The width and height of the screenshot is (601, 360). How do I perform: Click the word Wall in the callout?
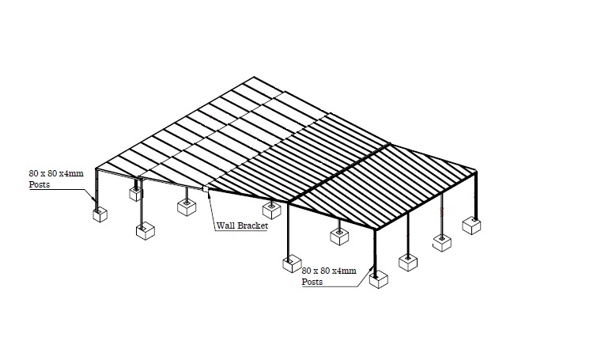click(227, 225)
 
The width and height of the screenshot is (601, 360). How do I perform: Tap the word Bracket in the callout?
click(254, 225)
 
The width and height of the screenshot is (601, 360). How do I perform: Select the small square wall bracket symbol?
click(205, 188)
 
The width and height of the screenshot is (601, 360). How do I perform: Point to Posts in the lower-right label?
click(313, 282)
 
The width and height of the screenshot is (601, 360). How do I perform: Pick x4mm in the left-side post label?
click(74, 172)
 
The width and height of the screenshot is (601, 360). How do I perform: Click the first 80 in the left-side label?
click(34, 172)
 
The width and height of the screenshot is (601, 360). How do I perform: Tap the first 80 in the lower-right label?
click(308, 271)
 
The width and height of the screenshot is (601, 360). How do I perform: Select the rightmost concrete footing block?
click(472, 226)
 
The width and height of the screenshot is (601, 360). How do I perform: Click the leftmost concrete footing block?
click(100, 214)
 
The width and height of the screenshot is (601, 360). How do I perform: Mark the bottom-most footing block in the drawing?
click(379, 279)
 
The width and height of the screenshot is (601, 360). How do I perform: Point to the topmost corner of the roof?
click(254, 78)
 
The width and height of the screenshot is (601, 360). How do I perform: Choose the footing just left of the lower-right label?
click(292, 263)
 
